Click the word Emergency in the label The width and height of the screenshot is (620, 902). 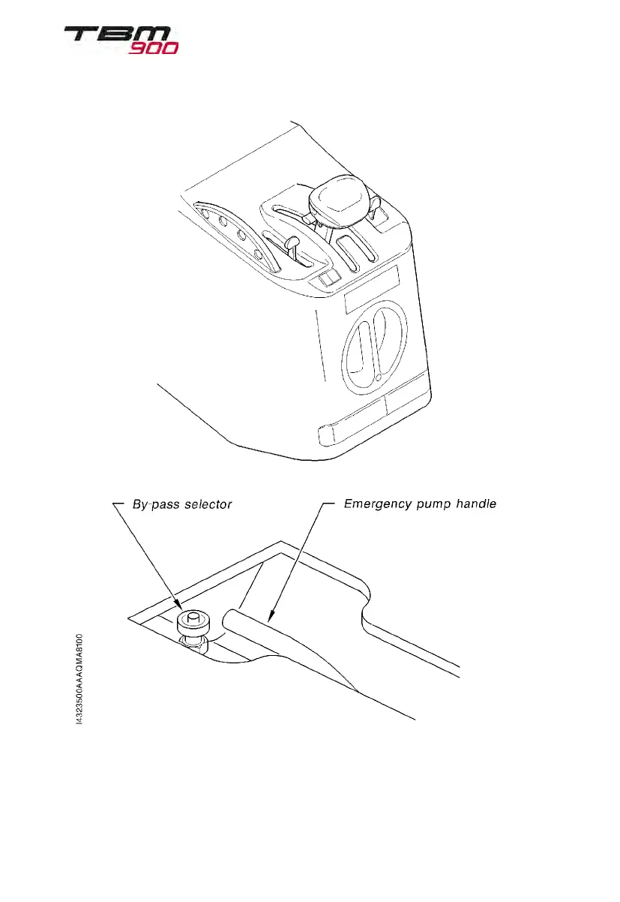pyautogui.click(x=379, y=504)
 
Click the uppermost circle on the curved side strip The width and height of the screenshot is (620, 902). pyautogui.click(x=205, y=212)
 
